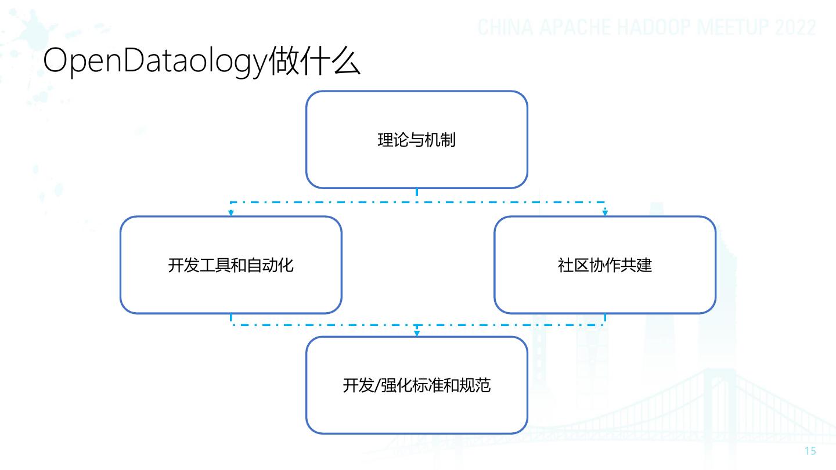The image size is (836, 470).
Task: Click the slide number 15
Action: coord(810,451)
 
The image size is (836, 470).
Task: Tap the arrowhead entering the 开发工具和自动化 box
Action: coord(230,213)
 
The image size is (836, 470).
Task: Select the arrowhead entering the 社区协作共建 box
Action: coord(605,213)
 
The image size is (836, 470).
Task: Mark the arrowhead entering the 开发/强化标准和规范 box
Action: coord(416,333)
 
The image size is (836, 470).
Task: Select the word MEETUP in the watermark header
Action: coord(731,28)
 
